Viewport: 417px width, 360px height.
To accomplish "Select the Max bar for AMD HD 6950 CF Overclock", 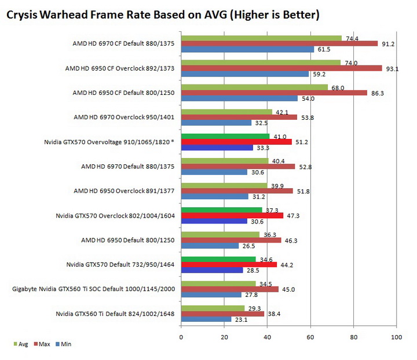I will tap(281, 68).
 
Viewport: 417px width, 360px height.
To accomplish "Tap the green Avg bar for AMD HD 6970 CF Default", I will tap(261, 38).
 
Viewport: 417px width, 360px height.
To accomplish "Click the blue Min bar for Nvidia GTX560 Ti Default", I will tap(206, 319).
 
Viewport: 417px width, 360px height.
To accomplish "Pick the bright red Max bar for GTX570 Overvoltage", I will tap(236, 141).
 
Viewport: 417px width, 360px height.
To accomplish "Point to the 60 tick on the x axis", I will tap(310, 336).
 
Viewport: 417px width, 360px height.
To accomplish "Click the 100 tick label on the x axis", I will tap(396, 336).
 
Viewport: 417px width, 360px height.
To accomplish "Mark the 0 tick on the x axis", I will tap(181, 336).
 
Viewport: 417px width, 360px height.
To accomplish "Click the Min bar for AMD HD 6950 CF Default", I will tap(239, 98).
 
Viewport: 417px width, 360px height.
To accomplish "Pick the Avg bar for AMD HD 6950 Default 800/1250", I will tap(220, 234).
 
